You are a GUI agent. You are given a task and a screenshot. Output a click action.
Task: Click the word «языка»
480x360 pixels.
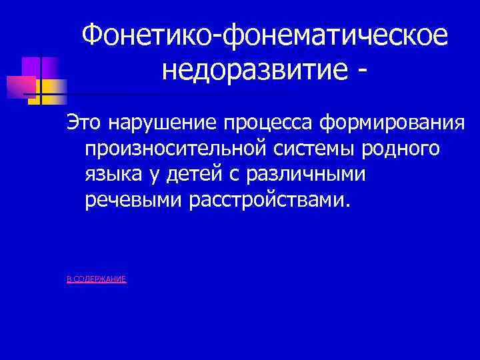(x=113, y=174)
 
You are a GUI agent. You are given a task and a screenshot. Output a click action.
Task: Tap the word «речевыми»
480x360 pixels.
(x=135, y=199)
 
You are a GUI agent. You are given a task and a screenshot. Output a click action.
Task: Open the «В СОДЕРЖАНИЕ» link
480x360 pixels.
(x=96, y=279)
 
